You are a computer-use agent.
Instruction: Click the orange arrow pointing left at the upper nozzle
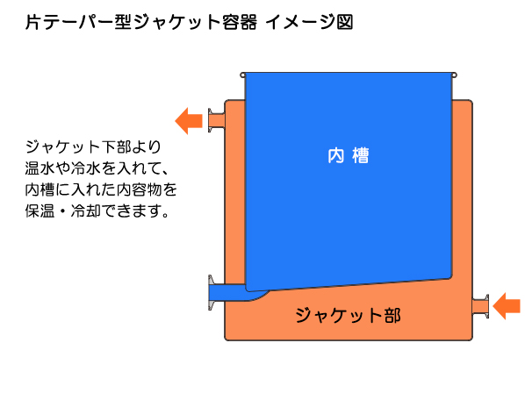coord(189,121)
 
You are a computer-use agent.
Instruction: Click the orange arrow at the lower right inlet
coord(507,305)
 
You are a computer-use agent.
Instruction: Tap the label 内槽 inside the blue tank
coord(349,155)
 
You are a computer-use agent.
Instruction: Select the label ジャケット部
coord(348,315)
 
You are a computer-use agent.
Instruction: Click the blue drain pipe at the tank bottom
coord(234,292)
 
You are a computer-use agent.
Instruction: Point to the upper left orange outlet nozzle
coord(216,120)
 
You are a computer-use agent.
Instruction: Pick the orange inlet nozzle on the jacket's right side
coord(480,306)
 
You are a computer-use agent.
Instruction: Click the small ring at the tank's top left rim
coord(242,75)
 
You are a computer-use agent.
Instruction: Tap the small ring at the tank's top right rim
coord(455,75)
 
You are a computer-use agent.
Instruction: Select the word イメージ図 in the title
coord(309,22)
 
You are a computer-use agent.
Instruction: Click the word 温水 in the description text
coord(40,168)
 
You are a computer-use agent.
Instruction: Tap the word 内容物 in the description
coord(140,189)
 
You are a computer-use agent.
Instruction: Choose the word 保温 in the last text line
coord(40,211)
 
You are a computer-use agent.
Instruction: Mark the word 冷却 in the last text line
coord(85,211)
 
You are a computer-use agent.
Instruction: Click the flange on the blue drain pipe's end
coord(211,293)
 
